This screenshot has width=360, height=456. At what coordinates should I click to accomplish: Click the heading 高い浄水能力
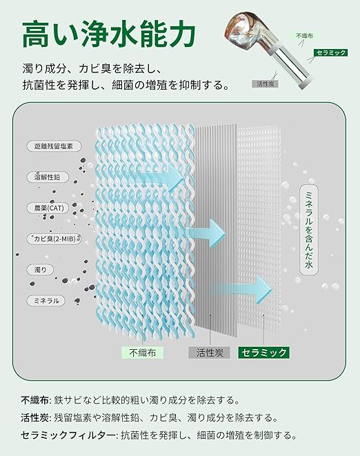(109, 34)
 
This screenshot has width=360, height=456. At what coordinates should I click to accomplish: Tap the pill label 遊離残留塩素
(54, 146)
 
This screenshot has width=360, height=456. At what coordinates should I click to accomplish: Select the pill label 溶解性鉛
(48, 177)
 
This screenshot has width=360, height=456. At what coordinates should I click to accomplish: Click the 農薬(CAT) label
(49, 208)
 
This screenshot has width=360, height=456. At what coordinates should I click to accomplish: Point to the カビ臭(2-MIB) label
(54, 239)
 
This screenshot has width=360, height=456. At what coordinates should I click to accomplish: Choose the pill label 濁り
(41, 270)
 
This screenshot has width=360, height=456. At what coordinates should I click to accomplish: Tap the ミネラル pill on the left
(46, 300)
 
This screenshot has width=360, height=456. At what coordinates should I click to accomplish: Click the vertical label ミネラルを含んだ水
(309, 230)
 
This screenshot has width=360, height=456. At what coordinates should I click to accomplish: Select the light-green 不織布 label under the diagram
(143, 353)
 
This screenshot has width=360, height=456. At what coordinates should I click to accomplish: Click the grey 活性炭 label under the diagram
(210, 353)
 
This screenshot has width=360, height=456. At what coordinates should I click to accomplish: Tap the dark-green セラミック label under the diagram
(263, 353)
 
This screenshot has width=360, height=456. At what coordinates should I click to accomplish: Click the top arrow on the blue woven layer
(159, 176)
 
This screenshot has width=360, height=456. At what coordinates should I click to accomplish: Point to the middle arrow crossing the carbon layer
(206, 233)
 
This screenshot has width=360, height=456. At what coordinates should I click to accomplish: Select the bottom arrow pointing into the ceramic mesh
(243, 290)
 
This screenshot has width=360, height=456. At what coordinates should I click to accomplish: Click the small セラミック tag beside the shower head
(330, 52)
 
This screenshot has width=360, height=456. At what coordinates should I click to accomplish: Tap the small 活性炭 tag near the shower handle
(266, 83)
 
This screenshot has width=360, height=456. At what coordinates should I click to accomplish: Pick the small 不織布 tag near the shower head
(304, 36)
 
